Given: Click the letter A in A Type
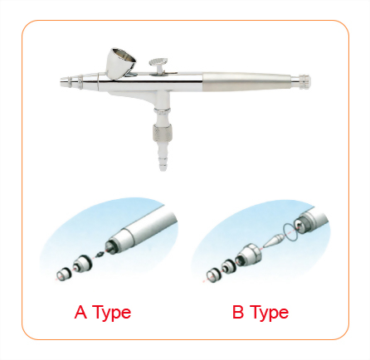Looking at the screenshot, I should click(80, 313).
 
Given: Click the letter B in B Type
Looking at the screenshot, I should click(237, 313).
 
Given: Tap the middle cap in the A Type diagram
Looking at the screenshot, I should click(81, 265).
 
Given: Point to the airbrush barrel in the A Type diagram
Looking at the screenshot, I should click(141, 232).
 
